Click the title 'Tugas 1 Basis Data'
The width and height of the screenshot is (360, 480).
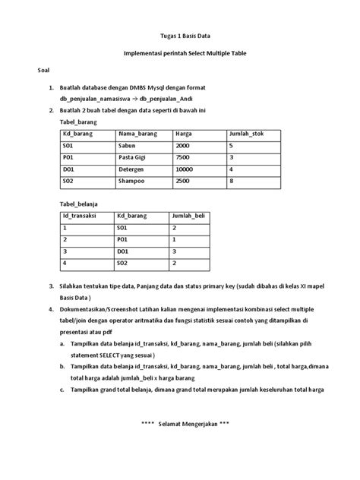pyautogui.click(x=180, y=36)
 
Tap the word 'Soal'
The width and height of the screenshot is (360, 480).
pyautogui.click(x=44, y=71)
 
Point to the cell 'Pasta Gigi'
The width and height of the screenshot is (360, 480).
pyautogui.click(x=131, y=157)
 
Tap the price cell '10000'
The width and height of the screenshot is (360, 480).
pyautogui.click(x=185, y=169)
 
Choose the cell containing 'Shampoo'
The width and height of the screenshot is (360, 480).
pyautogui.click(x=132, y=182)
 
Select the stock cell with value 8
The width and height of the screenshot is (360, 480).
pyautogui.click(x=231, y=182)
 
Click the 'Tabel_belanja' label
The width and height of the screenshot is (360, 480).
pyautogui.click(x=79, y=204)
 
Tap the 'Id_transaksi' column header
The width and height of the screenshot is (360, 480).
pyautogui.click(x=81, y=216)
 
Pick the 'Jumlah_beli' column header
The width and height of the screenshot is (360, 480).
pyautogui.click(x=189, y=216)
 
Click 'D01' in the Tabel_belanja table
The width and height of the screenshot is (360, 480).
pyautogui.click(x=122, y=251)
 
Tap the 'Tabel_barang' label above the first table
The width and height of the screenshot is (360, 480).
pyautogui.click(x=78, y=122)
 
